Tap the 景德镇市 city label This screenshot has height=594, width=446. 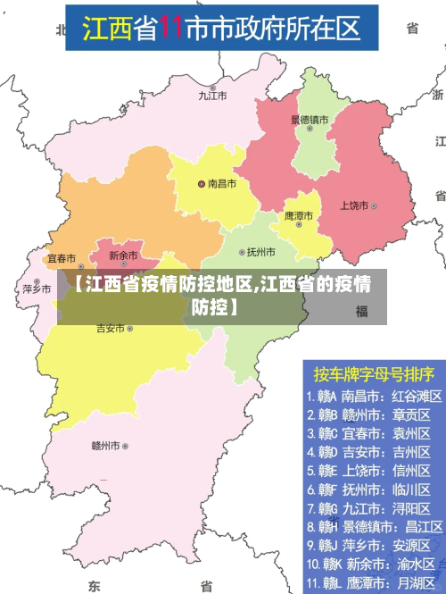coord(310,119)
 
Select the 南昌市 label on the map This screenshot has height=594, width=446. coord(221,184)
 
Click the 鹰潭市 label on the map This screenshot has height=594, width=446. coord(299,215)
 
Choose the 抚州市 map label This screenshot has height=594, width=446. coord(260,252)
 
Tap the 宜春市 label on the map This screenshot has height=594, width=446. coord(62,257)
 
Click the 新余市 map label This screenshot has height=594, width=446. coord(123,255)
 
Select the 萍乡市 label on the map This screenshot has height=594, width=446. coord(37,289)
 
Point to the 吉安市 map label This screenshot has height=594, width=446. coord(110,329)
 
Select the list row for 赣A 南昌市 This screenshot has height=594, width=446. coord(368,395)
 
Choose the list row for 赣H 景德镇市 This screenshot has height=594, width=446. coord(368,526)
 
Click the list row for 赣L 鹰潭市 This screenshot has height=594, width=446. coord(368,583)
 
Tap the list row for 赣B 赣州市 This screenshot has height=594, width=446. coord(368,414)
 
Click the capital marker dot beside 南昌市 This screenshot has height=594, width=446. coord(202,184)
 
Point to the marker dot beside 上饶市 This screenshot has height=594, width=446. coord(375,205)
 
